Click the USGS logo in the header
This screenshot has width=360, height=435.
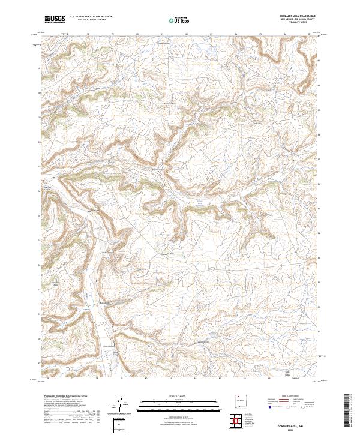55,19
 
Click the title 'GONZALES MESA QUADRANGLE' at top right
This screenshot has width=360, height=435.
298,16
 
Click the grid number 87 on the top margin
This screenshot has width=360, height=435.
309,34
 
